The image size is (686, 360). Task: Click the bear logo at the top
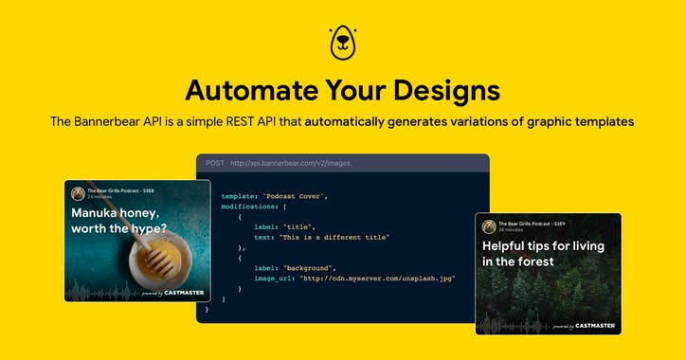click(342, 41)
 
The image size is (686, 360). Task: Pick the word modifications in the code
click(249, 205)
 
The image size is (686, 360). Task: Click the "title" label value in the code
click(300, 227)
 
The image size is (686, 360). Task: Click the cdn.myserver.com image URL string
click(376, 279)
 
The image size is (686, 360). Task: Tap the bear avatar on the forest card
click(489, 225)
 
